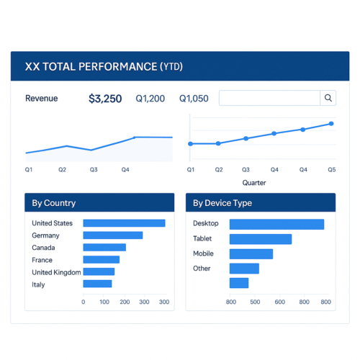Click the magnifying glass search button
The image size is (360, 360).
(328, 98)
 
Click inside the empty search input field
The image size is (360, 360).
(269, 98)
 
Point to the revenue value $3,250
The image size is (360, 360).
(105, 99)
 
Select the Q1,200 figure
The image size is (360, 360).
(150, 99)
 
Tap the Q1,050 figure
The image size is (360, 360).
(194, 99)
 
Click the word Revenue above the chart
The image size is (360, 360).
(41, 99)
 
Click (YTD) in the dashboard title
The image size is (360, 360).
(171, 66)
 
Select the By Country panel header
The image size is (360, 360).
(99, 203)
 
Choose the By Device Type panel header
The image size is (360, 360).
(261, 203)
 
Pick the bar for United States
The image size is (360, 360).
(124, 223)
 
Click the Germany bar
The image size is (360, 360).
(112, 235)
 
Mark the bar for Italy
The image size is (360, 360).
(97, 284)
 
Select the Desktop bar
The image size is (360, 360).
(276, 224)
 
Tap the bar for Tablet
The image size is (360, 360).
(260, 239)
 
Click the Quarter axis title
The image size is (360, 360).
(253, 183)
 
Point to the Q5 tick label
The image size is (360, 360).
(331, 170)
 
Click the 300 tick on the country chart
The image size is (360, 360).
(164, 302)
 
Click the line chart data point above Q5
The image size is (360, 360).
(331, 124)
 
